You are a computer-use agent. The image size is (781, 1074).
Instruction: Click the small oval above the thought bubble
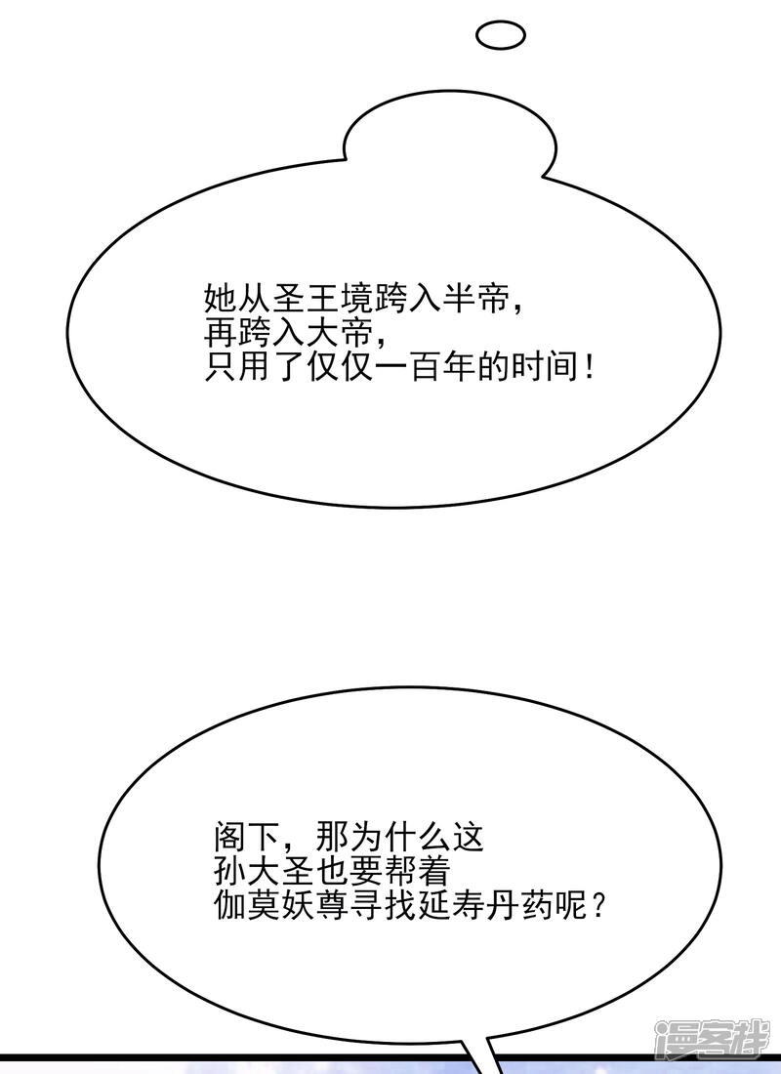click(500, 36)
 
